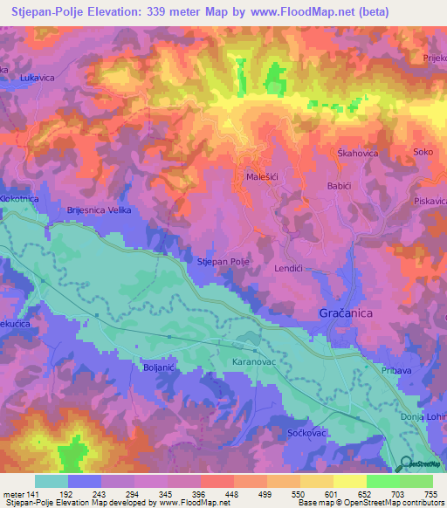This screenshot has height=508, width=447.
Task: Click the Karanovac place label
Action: coord(255,360)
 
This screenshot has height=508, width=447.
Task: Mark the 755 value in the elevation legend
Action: coord(430,493)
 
